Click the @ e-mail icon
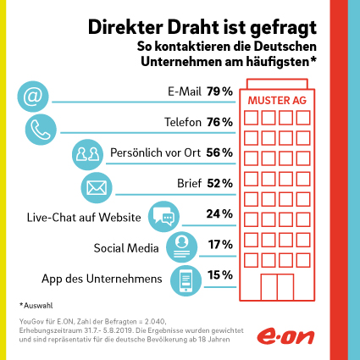[33, 97]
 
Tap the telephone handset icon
[41, 130]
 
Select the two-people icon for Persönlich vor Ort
[87, 154]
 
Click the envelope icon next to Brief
[97, 187]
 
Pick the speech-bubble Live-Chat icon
[163, 217]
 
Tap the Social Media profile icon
[181, 247]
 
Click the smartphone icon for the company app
[186, 280]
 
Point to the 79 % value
[219, 91]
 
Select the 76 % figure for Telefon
[219, 122]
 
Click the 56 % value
[219, 152]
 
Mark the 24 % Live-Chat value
[219, 213]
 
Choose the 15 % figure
[220, 275]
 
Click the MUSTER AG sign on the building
[277, 100]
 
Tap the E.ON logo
[285, 336]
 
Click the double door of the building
[277, 287]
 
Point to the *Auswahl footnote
[36, 306]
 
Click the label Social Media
[126, 248]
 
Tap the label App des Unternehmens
[102, 279]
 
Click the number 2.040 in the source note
[154, 322]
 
